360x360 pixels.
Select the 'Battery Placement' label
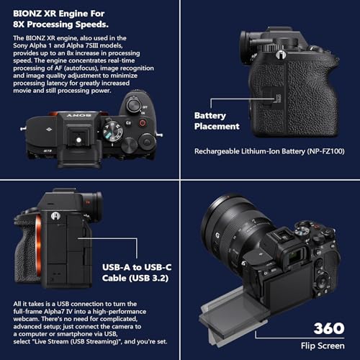coord(217,120)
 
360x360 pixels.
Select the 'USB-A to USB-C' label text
coord(137,265)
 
